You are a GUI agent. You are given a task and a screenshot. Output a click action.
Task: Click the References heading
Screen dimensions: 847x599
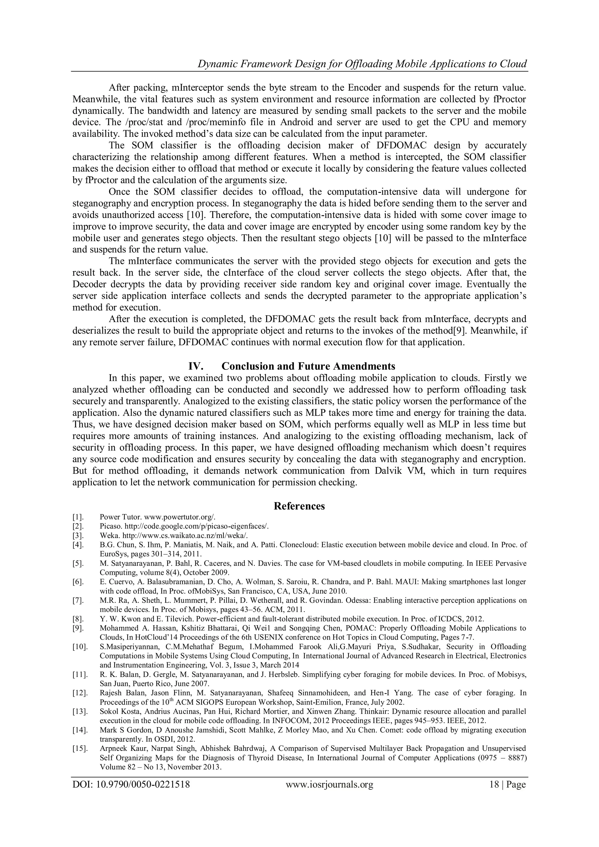point(299,506)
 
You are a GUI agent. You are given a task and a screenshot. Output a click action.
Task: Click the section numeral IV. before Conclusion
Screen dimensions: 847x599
point(196,366)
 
